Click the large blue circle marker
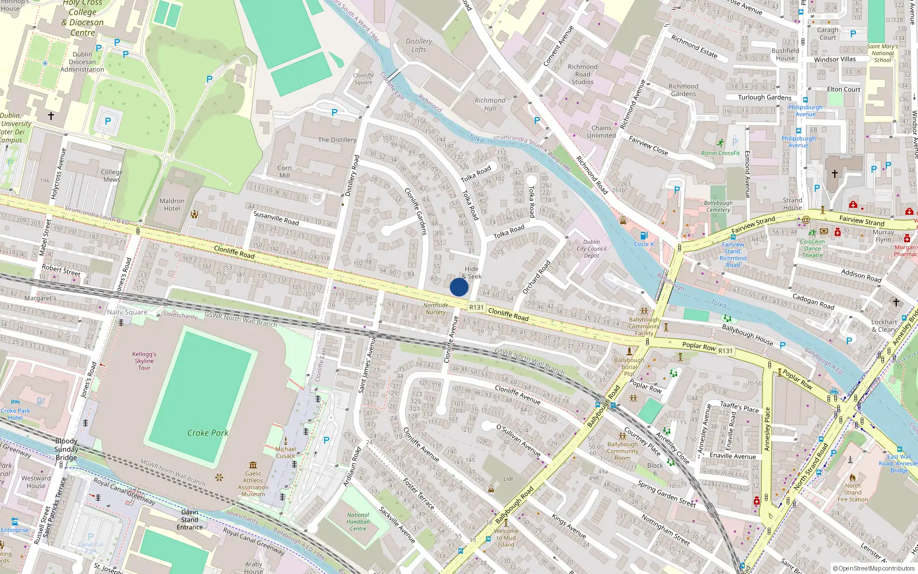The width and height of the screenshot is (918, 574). tap(459, 287)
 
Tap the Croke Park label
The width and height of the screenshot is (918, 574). tap(208, 433)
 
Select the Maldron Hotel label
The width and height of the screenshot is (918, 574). tap(172, 205)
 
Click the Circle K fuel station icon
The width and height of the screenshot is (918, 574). tap(644, 235)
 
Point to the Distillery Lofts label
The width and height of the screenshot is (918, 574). tap(419, 45)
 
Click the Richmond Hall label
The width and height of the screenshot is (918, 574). tap(490, 104)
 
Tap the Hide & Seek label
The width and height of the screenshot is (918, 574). tap(472, 272)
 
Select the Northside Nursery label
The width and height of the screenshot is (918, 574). tap(435, 309)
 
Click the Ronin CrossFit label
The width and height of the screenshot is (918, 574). tap(721, 153)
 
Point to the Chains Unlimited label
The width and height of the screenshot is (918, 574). tap(601, 132)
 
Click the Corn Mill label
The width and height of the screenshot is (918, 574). tap(285, 172)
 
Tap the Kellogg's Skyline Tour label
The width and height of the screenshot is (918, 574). tap(144, 360)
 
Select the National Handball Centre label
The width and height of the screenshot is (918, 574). tap(358, 522)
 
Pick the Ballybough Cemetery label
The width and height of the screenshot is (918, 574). tap(718, 206)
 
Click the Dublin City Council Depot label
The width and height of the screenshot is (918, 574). tap(592, 249)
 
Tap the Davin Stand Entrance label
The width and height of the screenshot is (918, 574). tap(190, 519)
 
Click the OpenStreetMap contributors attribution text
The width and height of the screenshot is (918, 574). tap(874, 568)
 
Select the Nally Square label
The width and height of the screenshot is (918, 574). tap(127, 312)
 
